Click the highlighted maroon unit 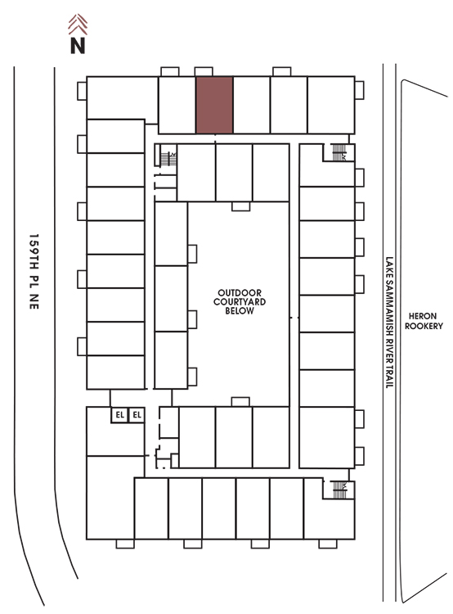214,105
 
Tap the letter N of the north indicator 78,45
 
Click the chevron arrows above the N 78,25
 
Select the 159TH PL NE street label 34,272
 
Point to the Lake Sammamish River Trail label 389,323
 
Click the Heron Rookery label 424,321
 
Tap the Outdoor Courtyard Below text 240,301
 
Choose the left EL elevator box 119,415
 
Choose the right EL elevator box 137,415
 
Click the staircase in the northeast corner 339,152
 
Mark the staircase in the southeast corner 339,490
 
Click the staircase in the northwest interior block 168,159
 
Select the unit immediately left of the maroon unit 177,105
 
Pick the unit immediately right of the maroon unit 252,105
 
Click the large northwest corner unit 122,98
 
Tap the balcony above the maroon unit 204,72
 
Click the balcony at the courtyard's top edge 240,206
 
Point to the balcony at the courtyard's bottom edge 240,402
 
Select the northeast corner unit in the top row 331,105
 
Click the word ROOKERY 424,326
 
